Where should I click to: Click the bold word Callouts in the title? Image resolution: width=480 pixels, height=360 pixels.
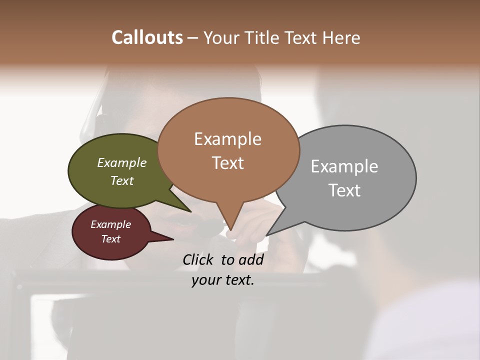click(x=147, y=37)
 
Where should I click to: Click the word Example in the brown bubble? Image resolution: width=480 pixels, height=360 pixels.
click(x=227, y=139)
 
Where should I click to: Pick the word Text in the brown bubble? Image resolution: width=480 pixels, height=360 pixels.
click(x=227, y=163)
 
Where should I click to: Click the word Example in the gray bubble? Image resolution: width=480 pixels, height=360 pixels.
click(x=344, y=166)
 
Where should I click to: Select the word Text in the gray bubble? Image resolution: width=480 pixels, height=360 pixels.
click(x=344, y=190)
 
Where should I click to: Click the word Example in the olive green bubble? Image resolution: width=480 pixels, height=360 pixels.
click(x=122, y=162)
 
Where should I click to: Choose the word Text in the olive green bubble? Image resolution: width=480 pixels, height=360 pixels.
click(x=122, y=180)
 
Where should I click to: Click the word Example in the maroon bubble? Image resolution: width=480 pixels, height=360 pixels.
click(x=110, y=224)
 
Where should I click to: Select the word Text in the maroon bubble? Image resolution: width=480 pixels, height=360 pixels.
click(x=110, y=239)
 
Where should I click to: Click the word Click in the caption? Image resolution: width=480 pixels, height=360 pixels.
click(x=198, y=259)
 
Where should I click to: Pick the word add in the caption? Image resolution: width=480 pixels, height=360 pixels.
click(x=251, y=259)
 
